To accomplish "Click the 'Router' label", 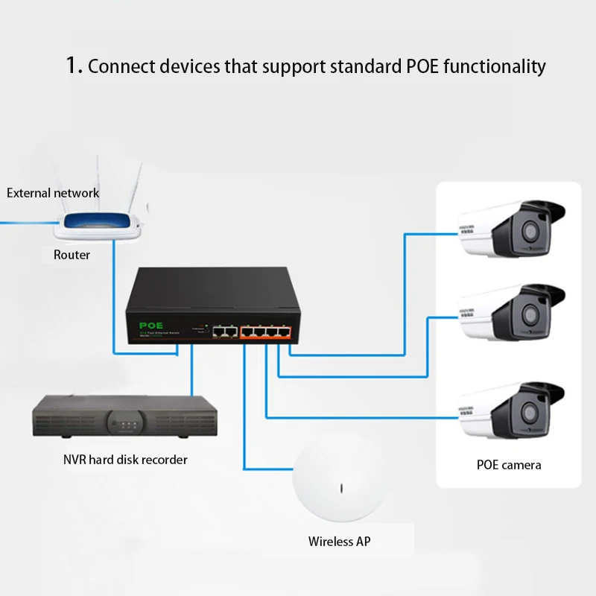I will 72,255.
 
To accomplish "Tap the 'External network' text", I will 53,193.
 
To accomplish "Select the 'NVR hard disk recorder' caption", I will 125,460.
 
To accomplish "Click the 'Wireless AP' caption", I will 339,542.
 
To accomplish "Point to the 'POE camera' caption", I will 509,465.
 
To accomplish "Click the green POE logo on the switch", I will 150,325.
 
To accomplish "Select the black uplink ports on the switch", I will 223,330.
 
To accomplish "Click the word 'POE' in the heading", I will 422,66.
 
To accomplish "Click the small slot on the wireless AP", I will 340,489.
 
